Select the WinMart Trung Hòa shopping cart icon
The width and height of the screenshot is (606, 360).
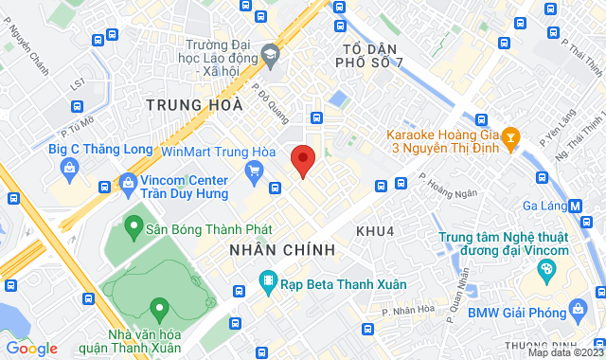253,171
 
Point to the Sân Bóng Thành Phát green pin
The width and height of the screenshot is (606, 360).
133,227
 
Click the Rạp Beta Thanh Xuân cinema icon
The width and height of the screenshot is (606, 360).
268,281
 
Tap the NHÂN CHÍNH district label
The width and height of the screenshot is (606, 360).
282,249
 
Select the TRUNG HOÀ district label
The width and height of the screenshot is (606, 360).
187,104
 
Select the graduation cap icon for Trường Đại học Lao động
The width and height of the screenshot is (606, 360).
270,57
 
